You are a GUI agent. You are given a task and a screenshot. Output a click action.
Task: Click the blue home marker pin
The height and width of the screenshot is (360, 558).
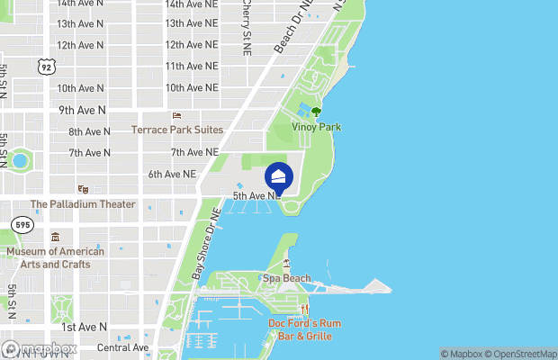280,176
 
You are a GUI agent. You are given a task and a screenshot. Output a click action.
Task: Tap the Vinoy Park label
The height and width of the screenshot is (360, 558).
317,128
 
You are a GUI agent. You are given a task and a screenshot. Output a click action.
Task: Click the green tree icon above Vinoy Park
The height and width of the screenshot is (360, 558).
316,112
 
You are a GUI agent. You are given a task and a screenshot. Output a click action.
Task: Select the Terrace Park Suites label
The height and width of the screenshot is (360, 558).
176,130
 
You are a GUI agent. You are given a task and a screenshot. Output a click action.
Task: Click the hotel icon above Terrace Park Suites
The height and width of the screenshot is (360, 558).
176,116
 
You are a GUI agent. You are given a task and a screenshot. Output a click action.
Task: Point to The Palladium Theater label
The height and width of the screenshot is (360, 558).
83,204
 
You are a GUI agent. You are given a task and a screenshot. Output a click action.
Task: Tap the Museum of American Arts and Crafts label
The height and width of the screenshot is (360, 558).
56,257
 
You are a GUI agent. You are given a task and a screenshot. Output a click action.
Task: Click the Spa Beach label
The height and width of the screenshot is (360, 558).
286,278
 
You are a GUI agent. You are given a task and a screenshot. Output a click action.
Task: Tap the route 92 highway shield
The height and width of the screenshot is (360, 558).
47,67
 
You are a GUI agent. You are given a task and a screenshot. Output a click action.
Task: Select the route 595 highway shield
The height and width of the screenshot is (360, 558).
22,224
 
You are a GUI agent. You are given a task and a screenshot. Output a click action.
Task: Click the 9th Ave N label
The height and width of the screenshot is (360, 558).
83,110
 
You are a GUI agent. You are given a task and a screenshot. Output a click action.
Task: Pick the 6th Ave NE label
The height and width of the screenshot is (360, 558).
172,174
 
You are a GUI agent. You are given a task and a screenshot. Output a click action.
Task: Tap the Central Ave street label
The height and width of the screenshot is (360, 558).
122,347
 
